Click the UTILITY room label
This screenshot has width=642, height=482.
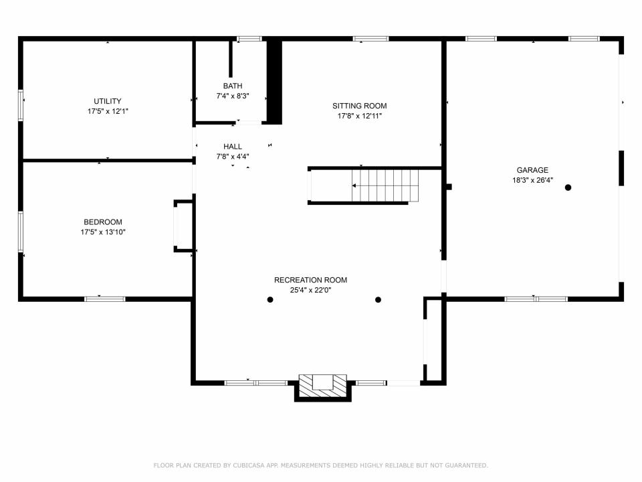(x=107, y=101)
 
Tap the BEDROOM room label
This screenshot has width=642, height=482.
(x=103, y=222)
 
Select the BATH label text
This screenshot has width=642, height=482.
(x=233, y=86)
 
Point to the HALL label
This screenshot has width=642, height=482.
(x=233, y=147)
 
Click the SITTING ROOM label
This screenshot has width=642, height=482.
(x=360, y=106)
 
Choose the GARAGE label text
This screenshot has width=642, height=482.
(x=532, y=170)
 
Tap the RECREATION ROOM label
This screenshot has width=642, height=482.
(x=310, y=280)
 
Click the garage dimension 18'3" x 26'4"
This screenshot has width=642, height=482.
(x=532, y=180)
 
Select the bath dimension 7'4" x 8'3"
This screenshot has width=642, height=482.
(x=233, y=96)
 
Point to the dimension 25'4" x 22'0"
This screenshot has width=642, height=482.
(x=310, y=290)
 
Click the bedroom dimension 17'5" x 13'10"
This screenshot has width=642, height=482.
(x=103, y=232)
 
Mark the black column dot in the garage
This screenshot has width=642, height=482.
(x=568, y=187)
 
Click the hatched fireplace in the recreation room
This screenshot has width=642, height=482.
(x=322, y=386)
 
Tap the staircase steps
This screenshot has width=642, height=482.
(x=385, y=185)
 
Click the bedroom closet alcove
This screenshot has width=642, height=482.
(x=183, y=226)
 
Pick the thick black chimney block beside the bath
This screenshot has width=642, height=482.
(x=274, y=81)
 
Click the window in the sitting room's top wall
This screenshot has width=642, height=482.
(x=371, y=39)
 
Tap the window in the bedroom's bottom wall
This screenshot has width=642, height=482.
(x=105, y=299)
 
